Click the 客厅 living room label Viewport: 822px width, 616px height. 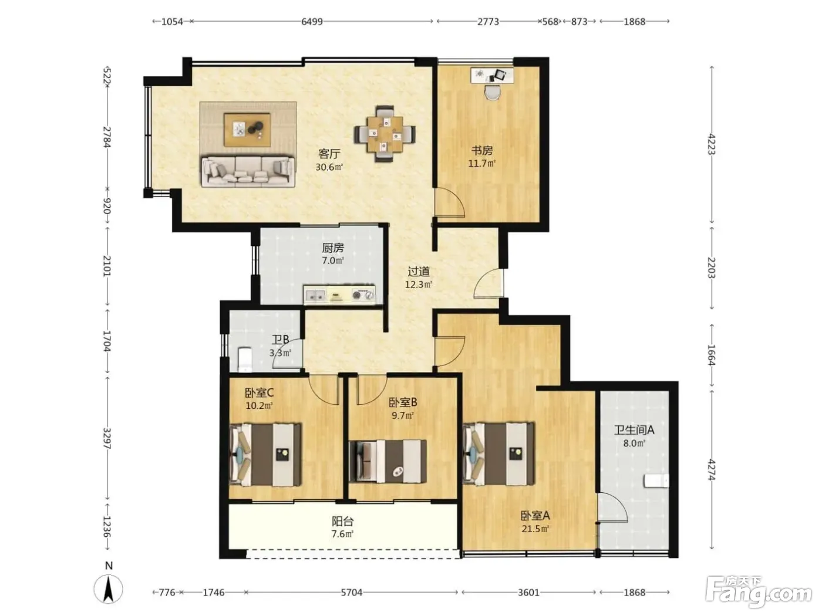pos(329,154)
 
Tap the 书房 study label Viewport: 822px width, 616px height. pos(481,150)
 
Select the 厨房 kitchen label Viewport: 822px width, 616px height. pos(332,248)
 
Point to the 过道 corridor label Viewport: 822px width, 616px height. pos(418,271)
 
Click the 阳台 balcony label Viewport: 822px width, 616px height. pos(342,521)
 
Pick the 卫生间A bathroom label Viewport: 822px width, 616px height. pos(634,430)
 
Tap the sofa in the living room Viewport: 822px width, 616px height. pos(248,171)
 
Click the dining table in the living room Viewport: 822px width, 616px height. pos(385,134)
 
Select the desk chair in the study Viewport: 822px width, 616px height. pos(492,92)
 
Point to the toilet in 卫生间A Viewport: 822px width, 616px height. pos(656,480)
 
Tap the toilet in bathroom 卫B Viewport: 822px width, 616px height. pos(245,360)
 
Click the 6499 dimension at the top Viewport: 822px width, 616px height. pos(312,22)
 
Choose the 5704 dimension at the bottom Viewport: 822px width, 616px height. pos(351,593)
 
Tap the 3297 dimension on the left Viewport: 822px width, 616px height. pos(107,438)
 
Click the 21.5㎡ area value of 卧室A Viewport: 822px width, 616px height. pos(535,529)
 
